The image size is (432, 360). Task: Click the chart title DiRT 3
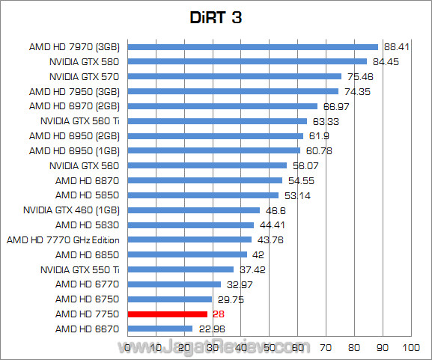pyautogui.click(x=216, y=17)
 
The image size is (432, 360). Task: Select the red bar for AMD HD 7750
pyautogui.click(x=167, y=314)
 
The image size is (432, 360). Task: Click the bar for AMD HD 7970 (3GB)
pyautogui.click(x=252, y=46)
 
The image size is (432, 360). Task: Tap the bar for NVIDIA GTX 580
pyautogui.click(x=247, y=61)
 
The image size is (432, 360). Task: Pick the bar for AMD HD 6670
pyautogui.click(x=159, y=329)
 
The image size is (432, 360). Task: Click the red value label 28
pyautogui.click(x=219, y=314)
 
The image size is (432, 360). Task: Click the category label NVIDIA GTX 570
pyautogui.click(x=85, y=76)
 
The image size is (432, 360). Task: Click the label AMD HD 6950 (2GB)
pyautogui.click(x=75, y=135)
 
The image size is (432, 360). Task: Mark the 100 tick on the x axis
pyautogui.click(x=410, y=347)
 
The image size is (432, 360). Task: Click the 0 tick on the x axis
pyautogui.click(x=127, y=347)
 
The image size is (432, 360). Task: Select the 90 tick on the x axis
pyautogui.click(x=382, y=347)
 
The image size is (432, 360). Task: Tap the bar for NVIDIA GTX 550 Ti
pyautogui.click(x=180, y=269)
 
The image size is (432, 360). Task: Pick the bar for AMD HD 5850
pyautogui.click(x=203, y=195)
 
